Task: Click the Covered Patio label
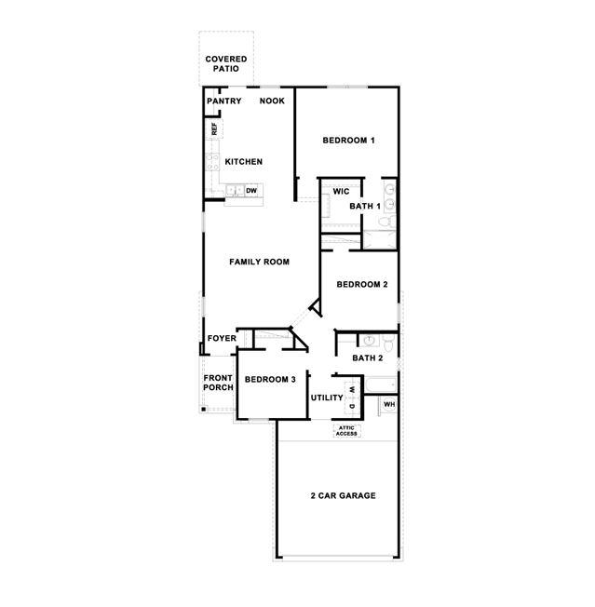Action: (x=226, y=64)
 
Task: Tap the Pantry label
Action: (x=224, y=101)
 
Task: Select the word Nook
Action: (x=272, y=101)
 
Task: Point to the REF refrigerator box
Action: (x=214, y=129)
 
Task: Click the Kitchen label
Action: (x=243, y=162)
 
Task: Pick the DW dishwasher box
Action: (x=251, y=191)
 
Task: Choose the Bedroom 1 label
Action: (x=348, y=141)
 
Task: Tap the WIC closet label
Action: (x=341, y=191)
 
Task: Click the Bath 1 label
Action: (x=365, y=206)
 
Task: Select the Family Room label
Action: (x=259, y=263)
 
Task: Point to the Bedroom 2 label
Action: (x=361, y=285)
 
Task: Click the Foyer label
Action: (x=222, y=338)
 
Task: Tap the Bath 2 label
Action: (x=368, y=357)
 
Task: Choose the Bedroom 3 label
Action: (x=270, y=380)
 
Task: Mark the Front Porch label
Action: (x=218, y=383)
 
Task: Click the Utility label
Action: (x=327, y=398)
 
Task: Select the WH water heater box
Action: (x=389, y=405)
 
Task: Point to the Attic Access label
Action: (x=346, y=431)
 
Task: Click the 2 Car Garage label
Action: (x=343, y=496)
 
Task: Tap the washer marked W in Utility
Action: (x=353, y=388)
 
